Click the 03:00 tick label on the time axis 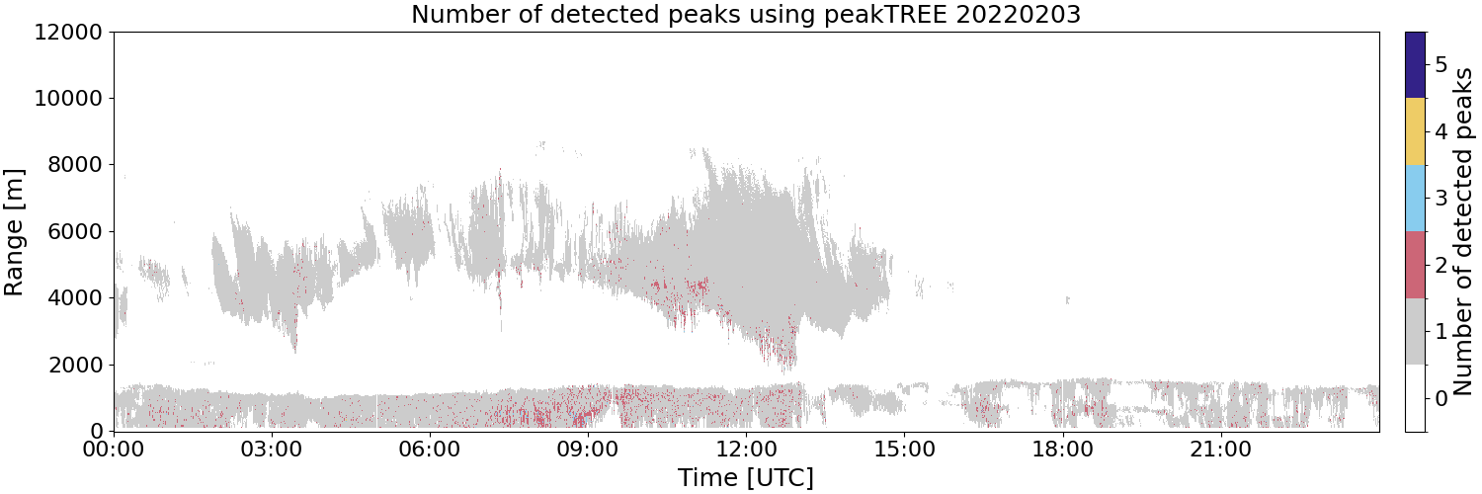pos(272,451)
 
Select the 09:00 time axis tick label pos(588,451)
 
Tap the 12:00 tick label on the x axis pos(746,451)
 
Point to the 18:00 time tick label pos(1062,451)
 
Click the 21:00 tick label pos(1220,451)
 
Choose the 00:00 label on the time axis pos(114,451)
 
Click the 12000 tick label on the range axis pos(69,32)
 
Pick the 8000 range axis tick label pos(75,165)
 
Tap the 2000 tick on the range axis pos(75,365)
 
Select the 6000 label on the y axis pos(75,231)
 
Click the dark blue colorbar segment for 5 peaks pos(1415,65)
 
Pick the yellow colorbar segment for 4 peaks pos(1415,131)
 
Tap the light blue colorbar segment pos(1415,199)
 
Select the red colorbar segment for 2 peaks pos(1415,265)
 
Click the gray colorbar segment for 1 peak pos(1415,331)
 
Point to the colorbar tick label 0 pos(1441,399)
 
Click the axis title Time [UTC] pos(746,477)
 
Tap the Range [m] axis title pos(14,232)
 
